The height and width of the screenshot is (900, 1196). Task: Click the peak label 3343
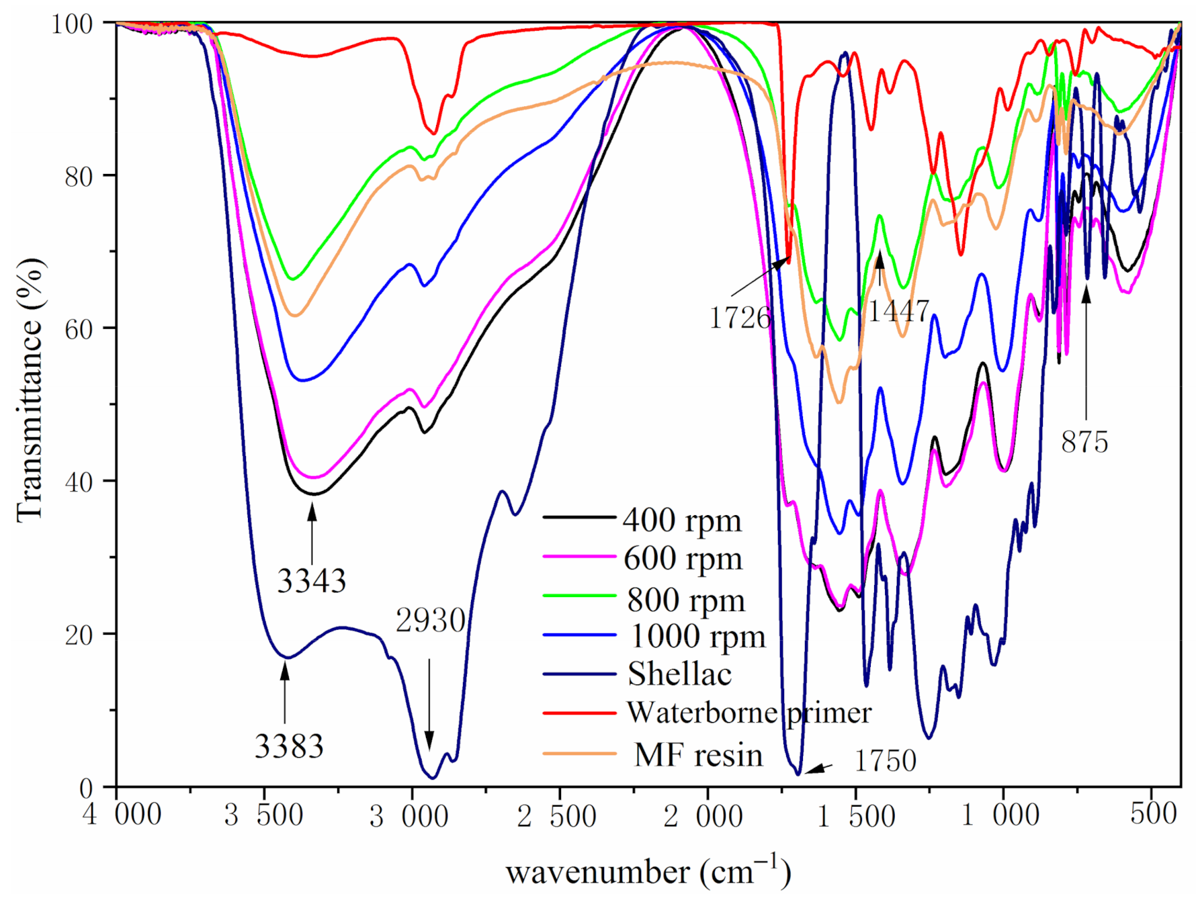click(311, 580)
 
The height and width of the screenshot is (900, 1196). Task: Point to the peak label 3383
click(289, 746)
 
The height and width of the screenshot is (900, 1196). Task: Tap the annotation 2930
click(430, 620)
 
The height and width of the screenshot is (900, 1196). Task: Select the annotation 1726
click(740, 317)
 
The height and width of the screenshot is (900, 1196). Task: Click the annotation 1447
click(898, 311)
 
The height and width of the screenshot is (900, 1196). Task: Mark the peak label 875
click(1084, 442)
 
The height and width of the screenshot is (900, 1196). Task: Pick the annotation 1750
click(885, 761)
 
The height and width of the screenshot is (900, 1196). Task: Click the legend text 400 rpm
click(682, 521)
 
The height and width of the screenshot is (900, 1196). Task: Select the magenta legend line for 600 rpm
click(579, 557)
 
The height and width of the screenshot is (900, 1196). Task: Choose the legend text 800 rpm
click(685, 600)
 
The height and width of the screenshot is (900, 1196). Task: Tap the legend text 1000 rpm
click(697, 636)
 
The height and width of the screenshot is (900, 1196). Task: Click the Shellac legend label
click(679, 674)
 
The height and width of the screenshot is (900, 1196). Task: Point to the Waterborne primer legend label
click(749, 713)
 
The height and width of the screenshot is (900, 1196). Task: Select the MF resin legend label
click(698, 755)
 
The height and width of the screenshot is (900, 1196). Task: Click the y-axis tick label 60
click(79, 329)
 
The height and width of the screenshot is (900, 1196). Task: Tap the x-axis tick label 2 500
click(557, 816)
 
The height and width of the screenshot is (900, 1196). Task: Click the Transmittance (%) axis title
click(30, 390)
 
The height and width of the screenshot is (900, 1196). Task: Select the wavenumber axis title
click(648, 872)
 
